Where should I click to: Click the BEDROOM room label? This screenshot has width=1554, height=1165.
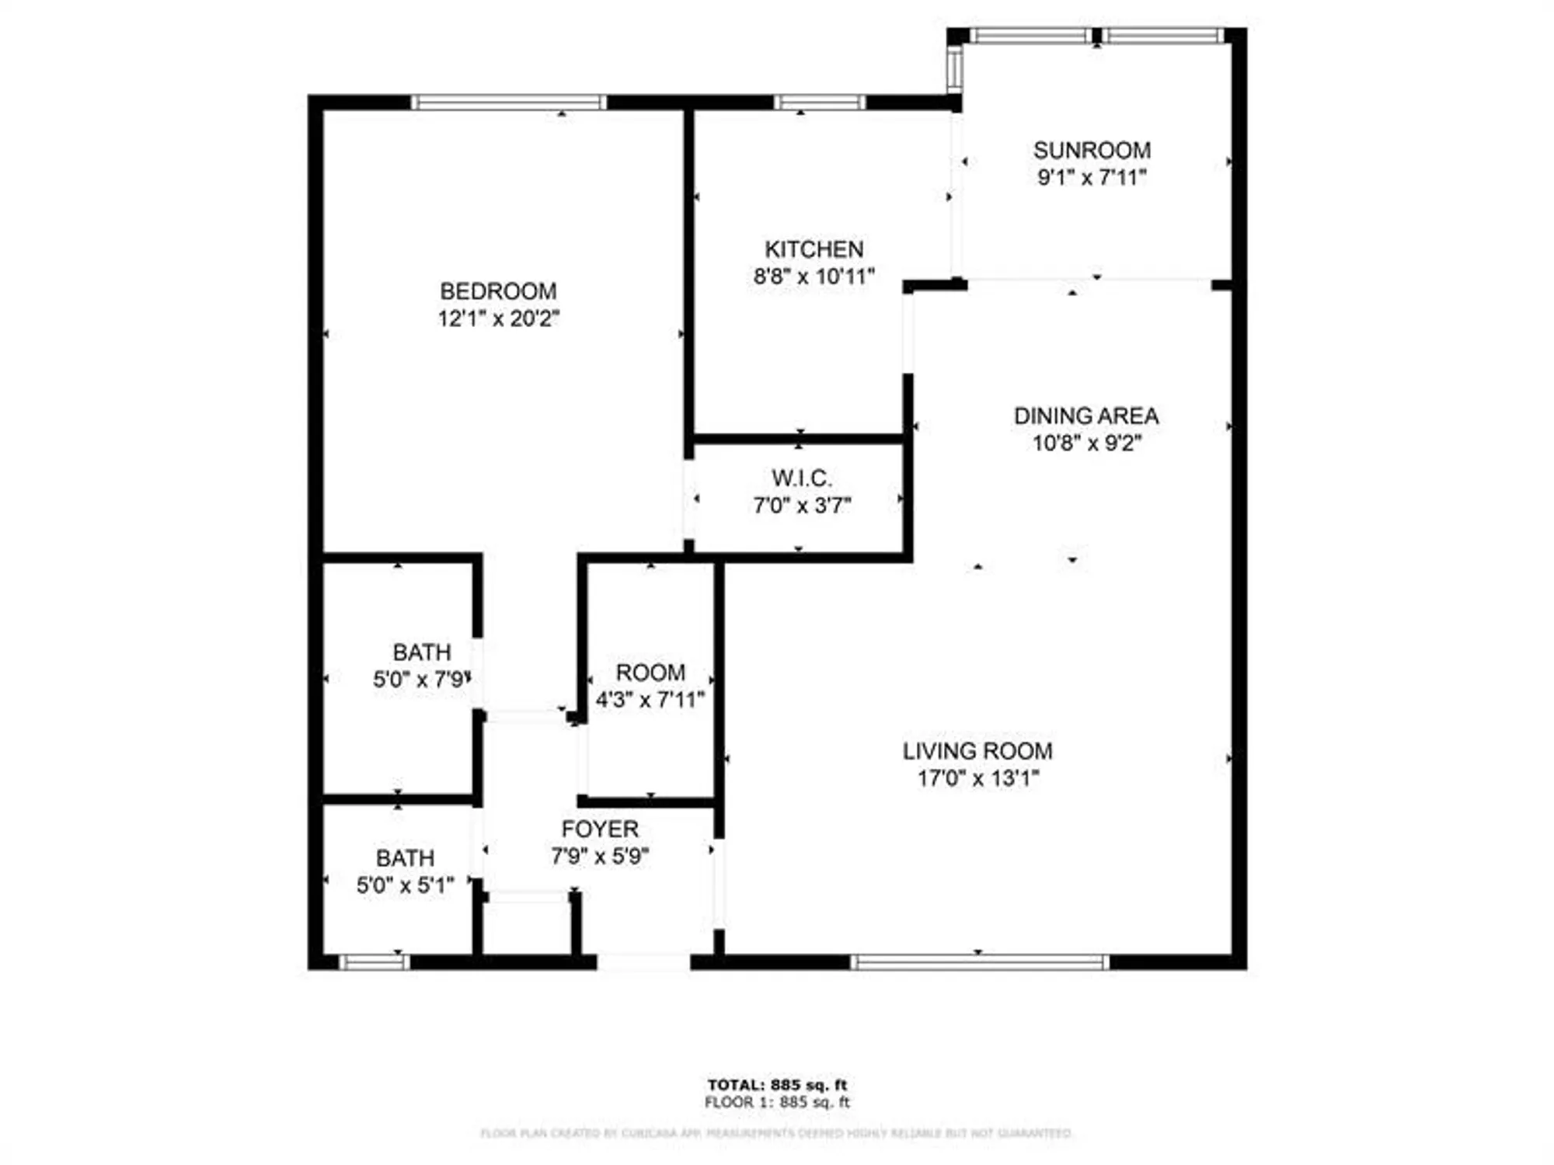(x=498, y=291)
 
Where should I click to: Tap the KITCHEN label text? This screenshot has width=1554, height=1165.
(x=814, y=249)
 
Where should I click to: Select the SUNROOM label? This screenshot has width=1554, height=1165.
(x=1092, y=150)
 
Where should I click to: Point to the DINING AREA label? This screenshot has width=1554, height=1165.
(x=1086, y=416)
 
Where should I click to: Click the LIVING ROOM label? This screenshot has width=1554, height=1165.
(x=977, y=751)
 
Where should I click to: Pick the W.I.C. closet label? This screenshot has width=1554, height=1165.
(x=801, y=478)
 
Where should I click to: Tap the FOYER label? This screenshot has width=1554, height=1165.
(x=600, y=829)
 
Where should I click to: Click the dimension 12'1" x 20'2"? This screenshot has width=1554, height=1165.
(x=498, y=318)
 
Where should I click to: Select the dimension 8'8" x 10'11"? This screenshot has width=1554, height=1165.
(x=814, y=276)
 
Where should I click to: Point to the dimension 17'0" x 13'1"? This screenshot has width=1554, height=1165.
(x=977, y=778)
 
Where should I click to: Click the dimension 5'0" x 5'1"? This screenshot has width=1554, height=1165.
(x=405, y=885)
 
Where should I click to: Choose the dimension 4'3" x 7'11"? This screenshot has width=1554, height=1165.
(x=650, y=700)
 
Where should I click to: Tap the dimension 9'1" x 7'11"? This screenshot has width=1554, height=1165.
(x=1092, y=177)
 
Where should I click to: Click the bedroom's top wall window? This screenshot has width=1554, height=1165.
(x=508, y=103)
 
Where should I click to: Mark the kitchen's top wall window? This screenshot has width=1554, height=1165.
(x=820, y=103)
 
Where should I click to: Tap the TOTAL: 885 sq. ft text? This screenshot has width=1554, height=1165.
(x=777, y=1085)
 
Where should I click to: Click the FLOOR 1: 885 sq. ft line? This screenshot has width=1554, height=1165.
(x=777, y=1102)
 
